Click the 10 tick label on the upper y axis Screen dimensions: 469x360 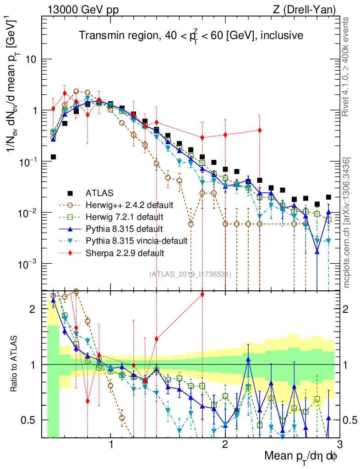point(31,60)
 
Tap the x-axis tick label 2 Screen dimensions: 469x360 point(225,445)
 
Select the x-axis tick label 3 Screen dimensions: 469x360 point(339,445)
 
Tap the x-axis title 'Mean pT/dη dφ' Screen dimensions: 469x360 point(301,457)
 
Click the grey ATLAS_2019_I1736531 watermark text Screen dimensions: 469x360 point(190,274)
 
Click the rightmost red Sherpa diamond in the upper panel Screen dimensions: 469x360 point(260,130)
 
